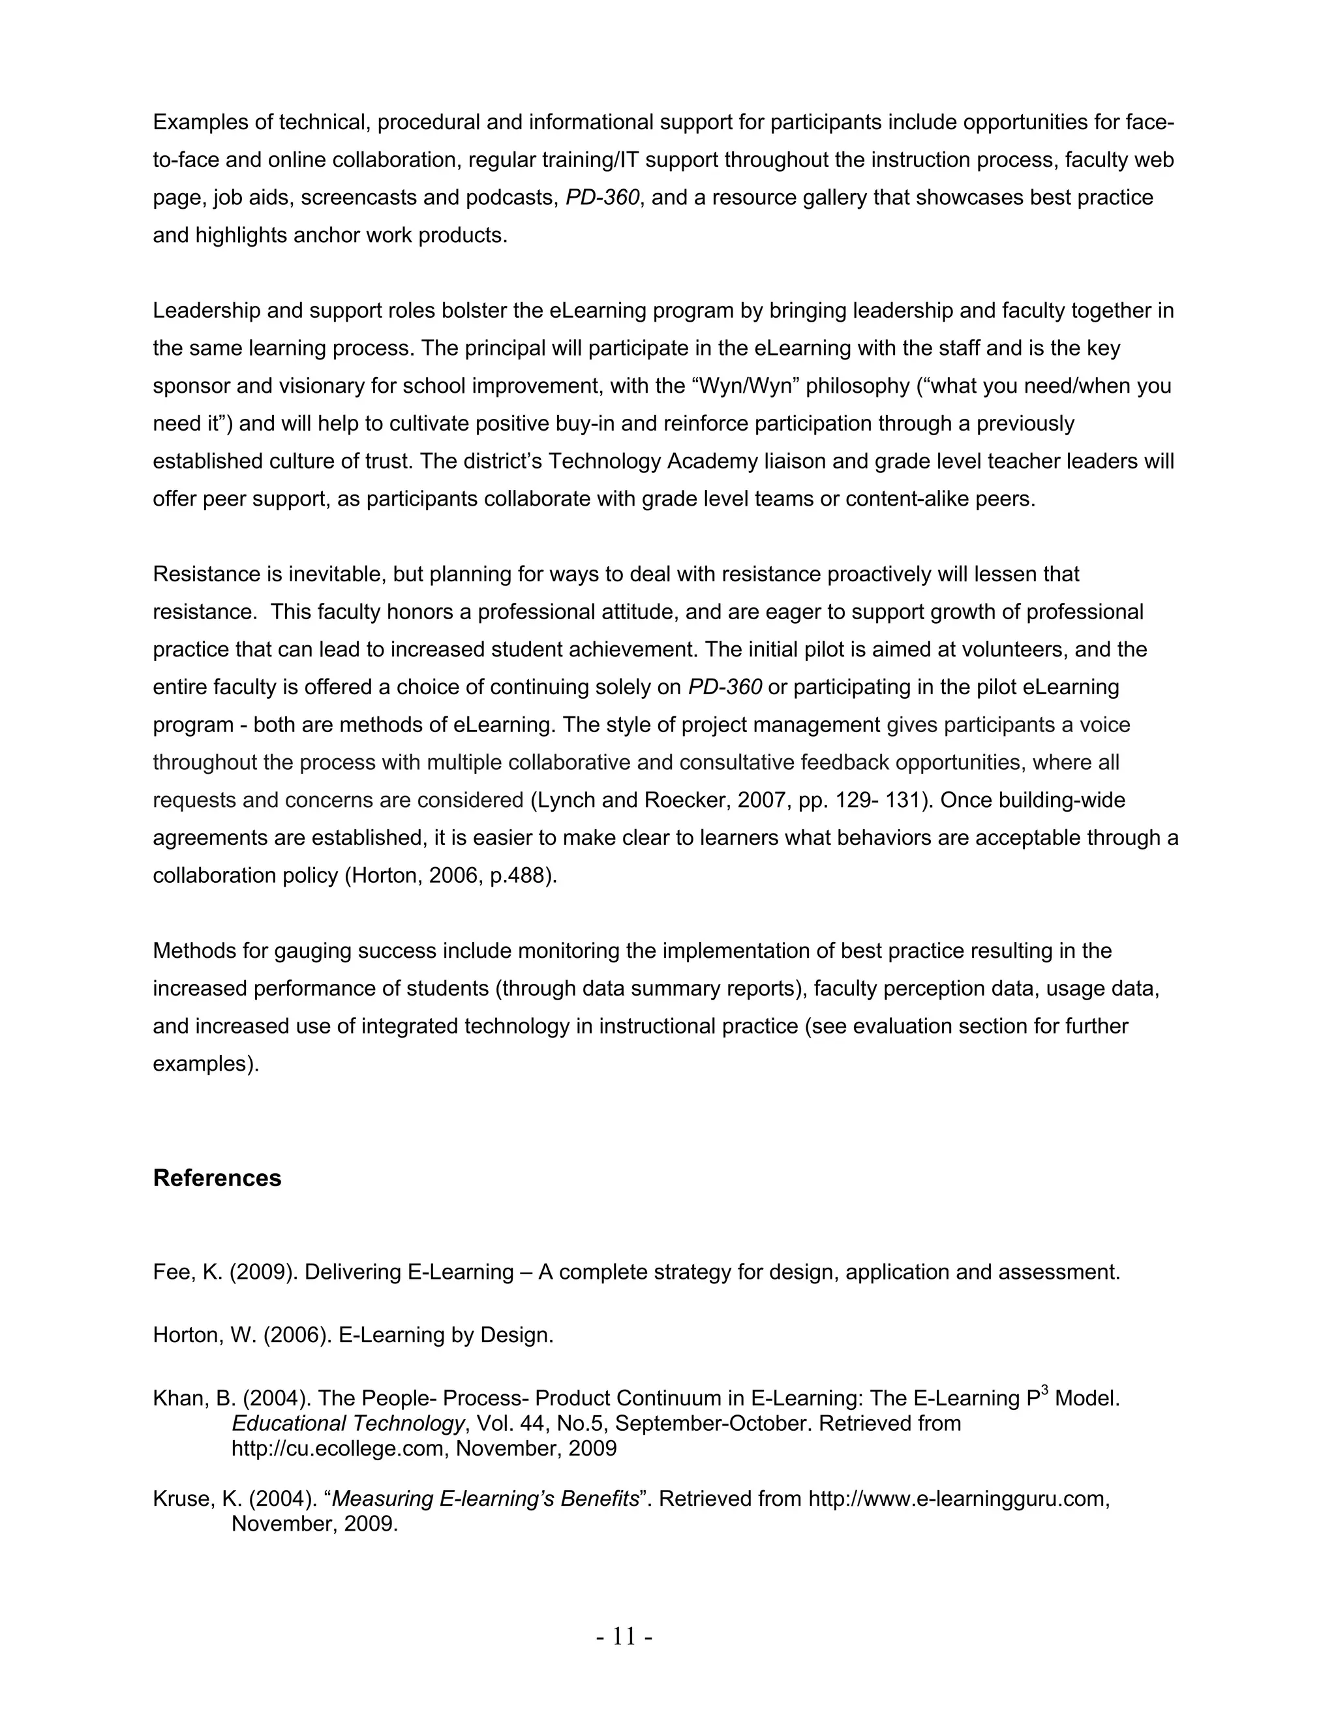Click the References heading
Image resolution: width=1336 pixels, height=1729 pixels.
click(217, 1178)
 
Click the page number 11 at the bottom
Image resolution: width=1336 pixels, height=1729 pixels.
click(624, 1636)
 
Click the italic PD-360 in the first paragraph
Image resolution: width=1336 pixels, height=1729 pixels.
click(602, 197)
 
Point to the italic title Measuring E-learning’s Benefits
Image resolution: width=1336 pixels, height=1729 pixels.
click(485, 1499)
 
